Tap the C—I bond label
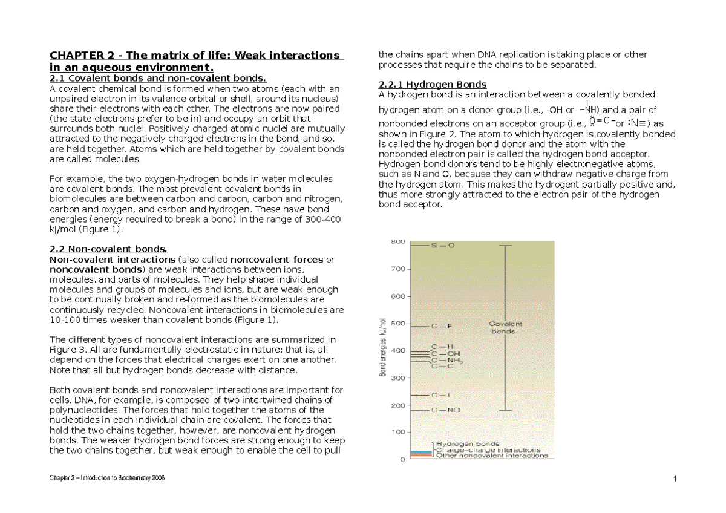point(440,395)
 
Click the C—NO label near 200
point(445,410)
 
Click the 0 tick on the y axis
point(402,459)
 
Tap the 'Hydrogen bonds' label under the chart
point(463,444)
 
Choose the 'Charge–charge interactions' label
point(488,450)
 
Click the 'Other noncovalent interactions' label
point(492,456)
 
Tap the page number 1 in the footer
point(673,480)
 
